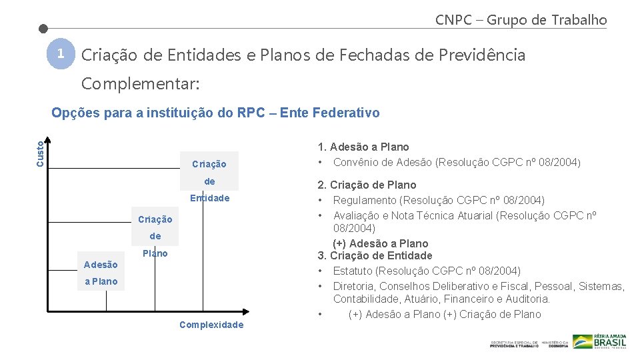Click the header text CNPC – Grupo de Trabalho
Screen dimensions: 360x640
521,20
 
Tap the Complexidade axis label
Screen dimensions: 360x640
211,325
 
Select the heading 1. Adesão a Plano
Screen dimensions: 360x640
363,147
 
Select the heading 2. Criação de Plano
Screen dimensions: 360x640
367,185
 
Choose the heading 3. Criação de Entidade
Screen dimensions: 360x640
375,255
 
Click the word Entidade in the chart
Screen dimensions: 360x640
209,198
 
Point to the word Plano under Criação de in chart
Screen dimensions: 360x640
155,253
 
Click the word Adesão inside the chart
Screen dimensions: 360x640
101,265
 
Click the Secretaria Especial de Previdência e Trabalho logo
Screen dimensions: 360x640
514,343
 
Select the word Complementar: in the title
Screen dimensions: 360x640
139,85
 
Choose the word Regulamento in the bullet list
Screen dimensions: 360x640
363,200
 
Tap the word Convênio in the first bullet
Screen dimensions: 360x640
355,162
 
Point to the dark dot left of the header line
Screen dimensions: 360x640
43,29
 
